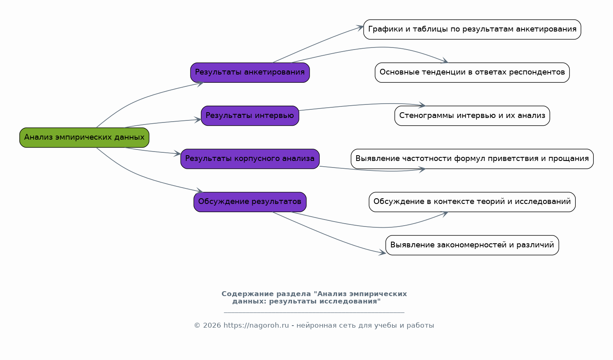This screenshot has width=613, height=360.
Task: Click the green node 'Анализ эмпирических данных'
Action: (84, 138)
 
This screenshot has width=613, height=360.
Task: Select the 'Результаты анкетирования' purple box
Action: (250, 72)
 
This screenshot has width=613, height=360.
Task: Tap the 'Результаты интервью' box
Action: (250, 115)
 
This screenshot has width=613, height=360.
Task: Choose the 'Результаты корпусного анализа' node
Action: (250, 159)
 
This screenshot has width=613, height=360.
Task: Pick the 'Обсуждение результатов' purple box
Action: (250, 202)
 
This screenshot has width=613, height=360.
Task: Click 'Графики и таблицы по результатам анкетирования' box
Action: (472, 29)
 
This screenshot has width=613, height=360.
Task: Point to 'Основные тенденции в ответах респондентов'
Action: (472, 72)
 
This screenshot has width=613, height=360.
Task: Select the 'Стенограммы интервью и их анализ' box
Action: (472, 115)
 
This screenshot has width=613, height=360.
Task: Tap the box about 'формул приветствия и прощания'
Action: (472, 159)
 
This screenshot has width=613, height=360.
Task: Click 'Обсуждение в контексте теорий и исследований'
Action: (472, 202)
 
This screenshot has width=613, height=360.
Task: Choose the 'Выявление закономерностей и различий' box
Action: (472, 245)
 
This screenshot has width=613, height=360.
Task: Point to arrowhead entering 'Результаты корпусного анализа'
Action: (178, 154)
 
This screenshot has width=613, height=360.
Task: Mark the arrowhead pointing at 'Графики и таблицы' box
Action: (360, 27)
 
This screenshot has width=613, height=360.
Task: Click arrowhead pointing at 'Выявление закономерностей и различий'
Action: (382, 253)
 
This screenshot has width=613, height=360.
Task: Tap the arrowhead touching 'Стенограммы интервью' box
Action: (422, 106)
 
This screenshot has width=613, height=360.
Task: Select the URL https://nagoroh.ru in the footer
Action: (256, 326)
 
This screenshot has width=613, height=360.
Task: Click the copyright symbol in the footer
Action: (197, 326)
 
